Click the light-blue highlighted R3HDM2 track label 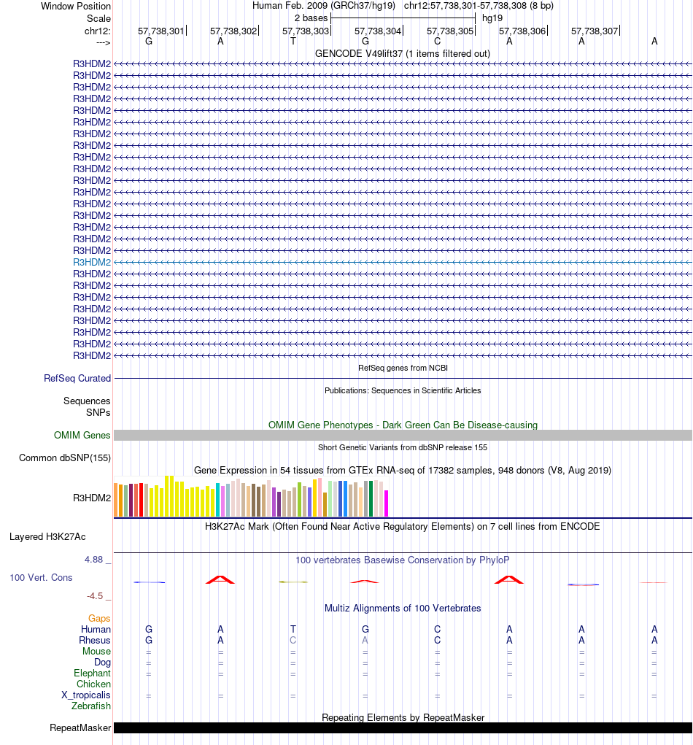pyautogui.click(x=92, y=262)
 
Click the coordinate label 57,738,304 pyautogui.click(x=378, y=31)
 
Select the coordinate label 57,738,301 pyautogui.click(x=161, y=31)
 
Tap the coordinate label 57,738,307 pyautogui.click(x=595, y=31)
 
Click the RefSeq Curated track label pyautogui.click(x=77, y=378)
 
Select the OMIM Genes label pyautogui.click(x=82, y=435)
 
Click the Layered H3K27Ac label pyautogui.click(x=47, y=536)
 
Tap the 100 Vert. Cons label pyautogui.click(x=41, y=577)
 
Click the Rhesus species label pyautogui.click(x=96, y=640)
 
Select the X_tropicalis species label pyautogui.click(x=86, y=695)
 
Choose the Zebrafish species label pyautogui.click(x=91, y=706)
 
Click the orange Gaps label pyautogui.click(x=99, y=618)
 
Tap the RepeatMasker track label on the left pyautogui.click(x=80, y=727)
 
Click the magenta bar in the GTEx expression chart pyautogui.click(x=387, y=503)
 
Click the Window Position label pyautogui.click(x=76, y=6)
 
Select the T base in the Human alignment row pyautogui.click(x=293, y=629)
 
